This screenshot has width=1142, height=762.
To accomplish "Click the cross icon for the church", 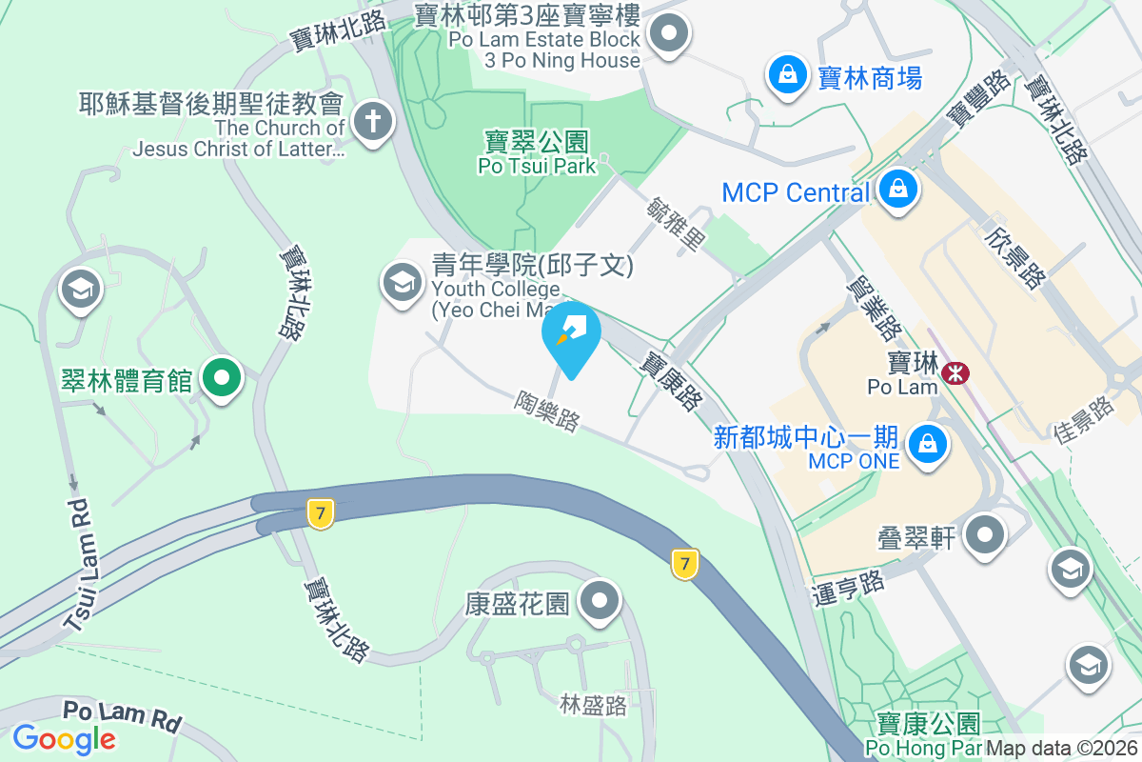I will (373, 122).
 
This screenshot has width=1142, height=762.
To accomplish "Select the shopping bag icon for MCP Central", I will (897, 190).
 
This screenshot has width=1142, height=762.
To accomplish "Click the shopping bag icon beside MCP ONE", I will (925, 443).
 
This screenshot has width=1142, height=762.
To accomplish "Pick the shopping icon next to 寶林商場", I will (788, 73).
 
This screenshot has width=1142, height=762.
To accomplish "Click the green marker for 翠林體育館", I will (222, 378).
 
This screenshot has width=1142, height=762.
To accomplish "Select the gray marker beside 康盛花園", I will (601, 600).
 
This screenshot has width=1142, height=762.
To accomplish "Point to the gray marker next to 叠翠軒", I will (984, 534).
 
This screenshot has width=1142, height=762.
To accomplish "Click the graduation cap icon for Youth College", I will (403, 282).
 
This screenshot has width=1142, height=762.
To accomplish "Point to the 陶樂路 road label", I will (548, 411).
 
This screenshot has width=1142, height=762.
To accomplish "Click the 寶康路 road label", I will (668, 380).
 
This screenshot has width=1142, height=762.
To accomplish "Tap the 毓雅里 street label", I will (676, 225).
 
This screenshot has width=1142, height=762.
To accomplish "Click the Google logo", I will (64, 738).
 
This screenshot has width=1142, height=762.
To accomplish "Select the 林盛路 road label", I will (593, 705).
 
